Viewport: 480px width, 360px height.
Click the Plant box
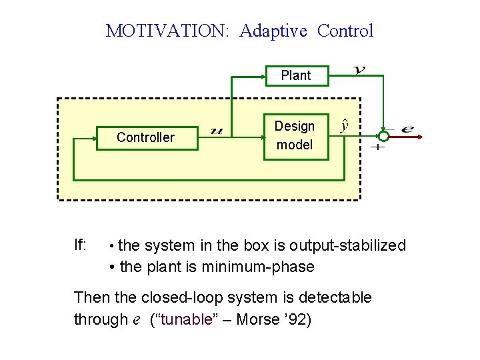coord(295,75)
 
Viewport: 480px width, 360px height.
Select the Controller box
coord(145,138)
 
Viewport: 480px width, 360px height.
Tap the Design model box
coord(295,135)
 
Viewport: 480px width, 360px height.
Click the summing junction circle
coord(383,135)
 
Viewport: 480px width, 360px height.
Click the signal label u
coord(216,131)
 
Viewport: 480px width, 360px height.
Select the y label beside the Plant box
coord(359,69)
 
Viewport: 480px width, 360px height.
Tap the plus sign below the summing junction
coord(377,147)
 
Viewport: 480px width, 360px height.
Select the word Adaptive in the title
coord(275,31)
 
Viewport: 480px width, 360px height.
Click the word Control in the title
coord(345,31)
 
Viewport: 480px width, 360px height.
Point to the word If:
coord(80,245)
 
